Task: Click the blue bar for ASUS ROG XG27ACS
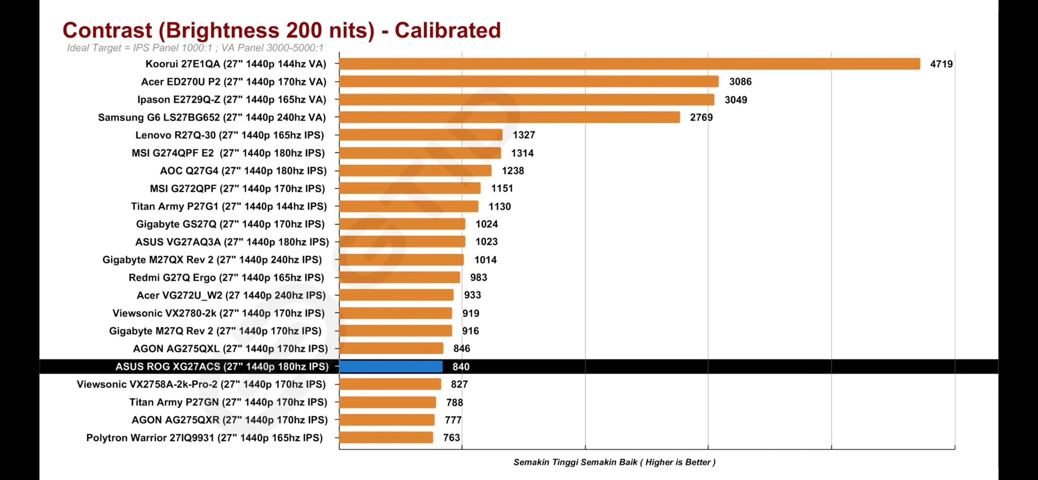tap(391, 366)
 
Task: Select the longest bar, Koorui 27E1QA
tap(629, 64)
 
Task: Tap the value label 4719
tap(941, 64)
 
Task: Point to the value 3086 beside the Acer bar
tap(740, 82)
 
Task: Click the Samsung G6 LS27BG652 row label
tap(212, 117)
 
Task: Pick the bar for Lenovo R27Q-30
tap(421, 135)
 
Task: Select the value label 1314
tap(522, 153)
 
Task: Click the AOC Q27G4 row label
tap(243, 171)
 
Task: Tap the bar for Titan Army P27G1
tap(409, 207)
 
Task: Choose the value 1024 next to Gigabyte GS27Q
tap(486, 224)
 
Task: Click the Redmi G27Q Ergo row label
tap(226, 278)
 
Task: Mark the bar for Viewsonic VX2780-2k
tap(395, 313)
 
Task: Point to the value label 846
tap(461, 349)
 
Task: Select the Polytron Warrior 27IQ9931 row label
tap(204, 437)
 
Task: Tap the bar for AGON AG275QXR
tap(387, 420)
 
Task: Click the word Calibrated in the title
tap(447, 31)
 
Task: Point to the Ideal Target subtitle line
tap(195, 48)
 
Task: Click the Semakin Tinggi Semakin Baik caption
tap(614, 462)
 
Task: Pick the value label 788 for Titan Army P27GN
tap(454, 403)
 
